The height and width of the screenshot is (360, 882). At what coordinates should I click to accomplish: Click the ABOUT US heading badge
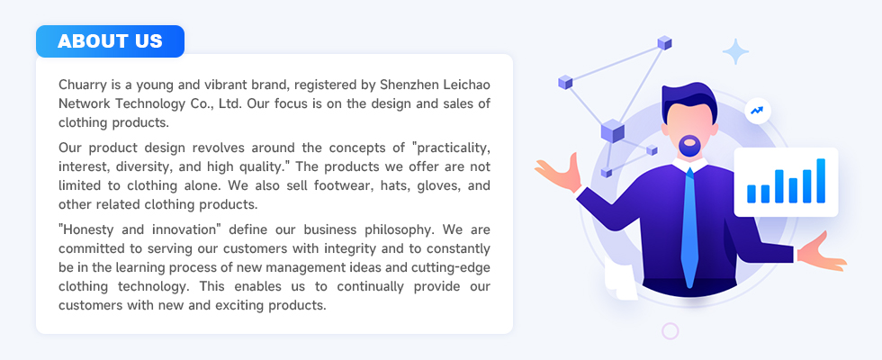[110, 41]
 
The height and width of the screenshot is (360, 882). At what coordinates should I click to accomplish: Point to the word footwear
[346, 185]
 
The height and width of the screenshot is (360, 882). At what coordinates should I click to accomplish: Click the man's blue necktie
[689, 225]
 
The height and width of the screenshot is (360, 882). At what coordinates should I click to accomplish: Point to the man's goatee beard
[689, 146]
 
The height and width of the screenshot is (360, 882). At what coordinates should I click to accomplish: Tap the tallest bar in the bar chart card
[821, 181]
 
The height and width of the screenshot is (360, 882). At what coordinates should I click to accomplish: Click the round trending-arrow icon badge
[757, 111]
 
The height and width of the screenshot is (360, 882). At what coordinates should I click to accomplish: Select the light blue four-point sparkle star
[736, 52]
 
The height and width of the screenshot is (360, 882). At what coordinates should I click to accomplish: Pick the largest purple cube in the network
[613, 131]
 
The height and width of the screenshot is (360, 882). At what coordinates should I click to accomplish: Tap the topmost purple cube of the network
[665, 43]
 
